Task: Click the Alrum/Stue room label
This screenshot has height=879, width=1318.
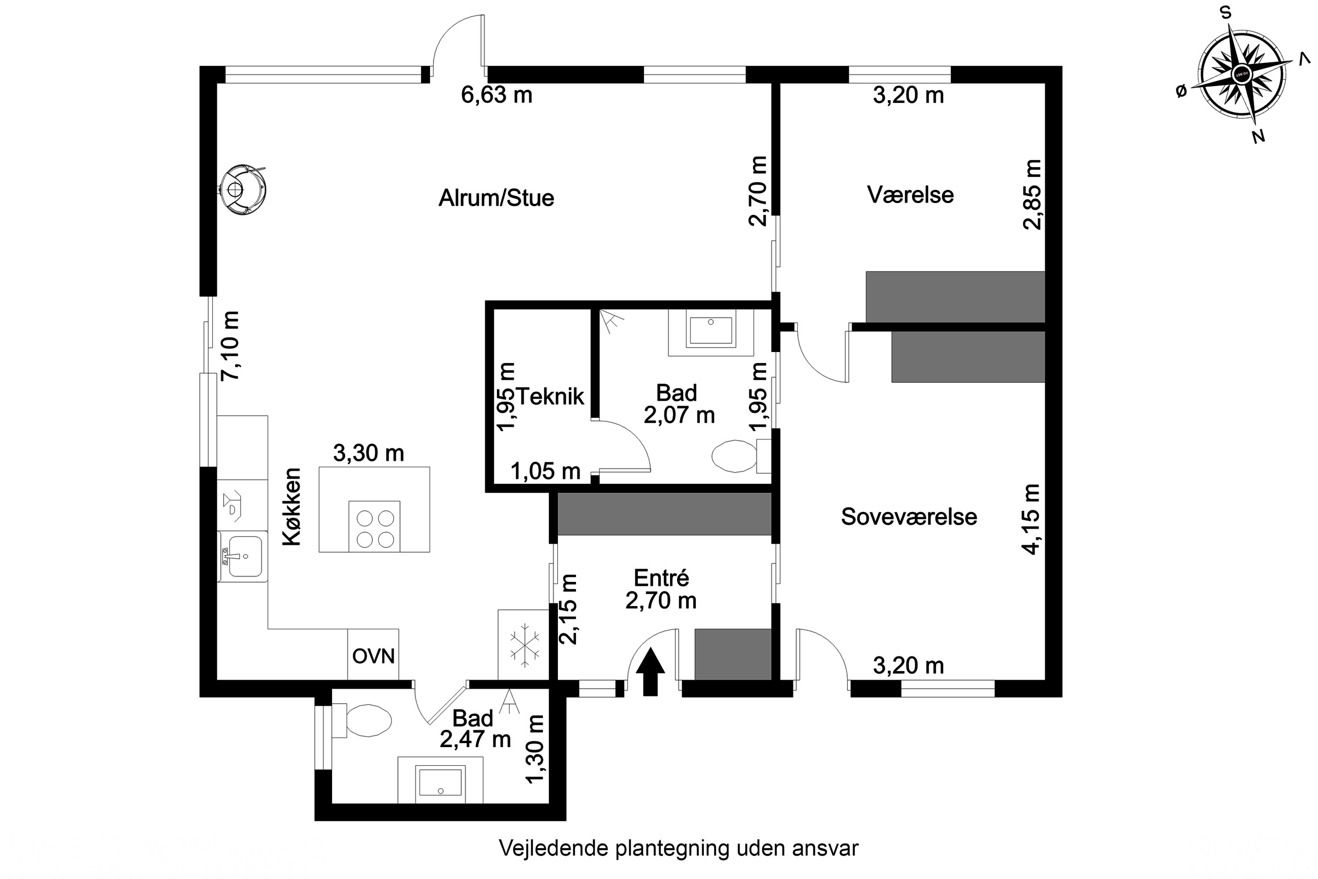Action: (496, 198)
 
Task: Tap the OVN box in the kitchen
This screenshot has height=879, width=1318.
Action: (373, 655)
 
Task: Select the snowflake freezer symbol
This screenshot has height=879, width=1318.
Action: (524, 649)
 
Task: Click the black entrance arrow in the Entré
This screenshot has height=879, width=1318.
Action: (650, 672)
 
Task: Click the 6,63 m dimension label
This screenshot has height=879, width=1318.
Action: (496, 95)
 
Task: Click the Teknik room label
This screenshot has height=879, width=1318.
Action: (550, 396)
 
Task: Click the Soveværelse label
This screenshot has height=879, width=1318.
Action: (909, 517)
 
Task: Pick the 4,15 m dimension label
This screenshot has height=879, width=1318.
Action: (1032, 519)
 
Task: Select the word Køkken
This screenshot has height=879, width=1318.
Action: (292, 507)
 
